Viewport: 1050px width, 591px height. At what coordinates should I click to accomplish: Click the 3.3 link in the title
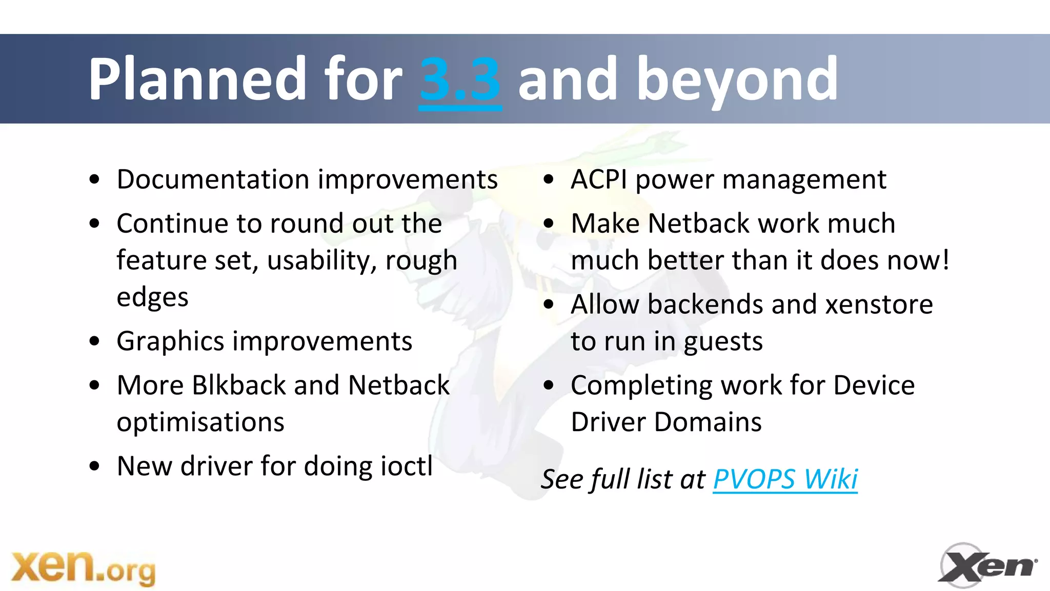[x=460, y=79]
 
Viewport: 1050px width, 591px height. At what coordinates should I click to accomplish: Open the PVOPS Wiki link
[x=785, y=479]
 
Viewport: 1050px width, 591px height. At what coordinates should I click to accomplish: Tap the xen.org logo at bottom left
[x=84, y=567]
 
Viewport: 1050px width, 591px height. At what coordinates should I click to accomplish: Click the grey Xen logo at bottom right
[x=987, y=566]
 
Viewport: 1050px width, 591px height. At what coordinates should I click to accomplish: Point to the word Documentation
[x=213, y=180]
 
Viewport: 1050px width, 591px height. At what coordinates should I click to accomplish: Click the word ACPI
[x=598, y=180]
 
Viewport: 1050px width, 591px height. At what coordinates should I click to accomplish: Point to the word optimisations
[x=200, y=422]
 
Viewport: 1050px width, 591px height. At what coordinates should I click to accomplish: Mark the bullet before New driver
[x=94, y=466]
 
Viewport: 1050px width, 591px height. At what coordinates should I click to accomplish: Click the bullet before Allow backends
[x=549, y=304]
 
